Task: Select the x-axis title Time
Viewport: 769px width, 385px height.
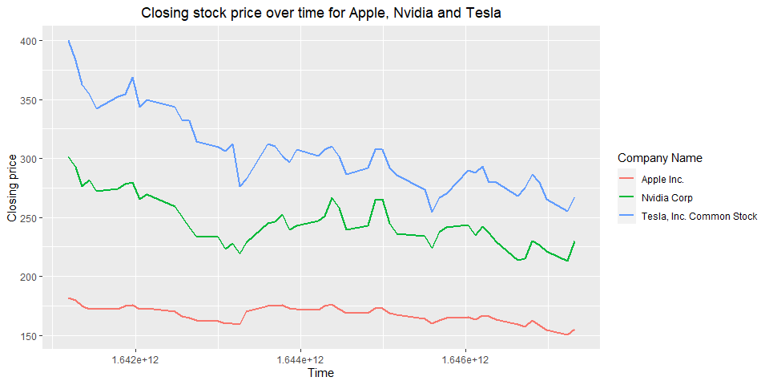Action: click(320, 373)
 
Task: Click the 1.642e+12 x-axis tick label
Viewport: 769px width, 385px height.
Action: click(135, 360)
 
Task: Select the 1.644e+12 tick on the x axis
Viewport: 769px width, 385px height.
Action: click(300, 360)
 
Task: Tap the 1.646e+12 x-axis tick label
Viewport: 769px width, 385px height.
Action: click(465, 360)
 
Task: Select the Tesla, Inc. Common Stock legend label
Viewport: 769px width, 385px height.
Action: click(699, 216)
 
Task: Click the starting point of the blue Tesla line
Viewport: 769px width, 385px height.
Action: click(69, 40)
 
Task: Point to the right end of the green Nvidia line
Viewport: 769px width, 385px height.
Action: click(574, 241)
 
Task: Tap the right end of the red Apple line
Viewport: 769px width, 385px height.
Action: click(574, 330)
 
